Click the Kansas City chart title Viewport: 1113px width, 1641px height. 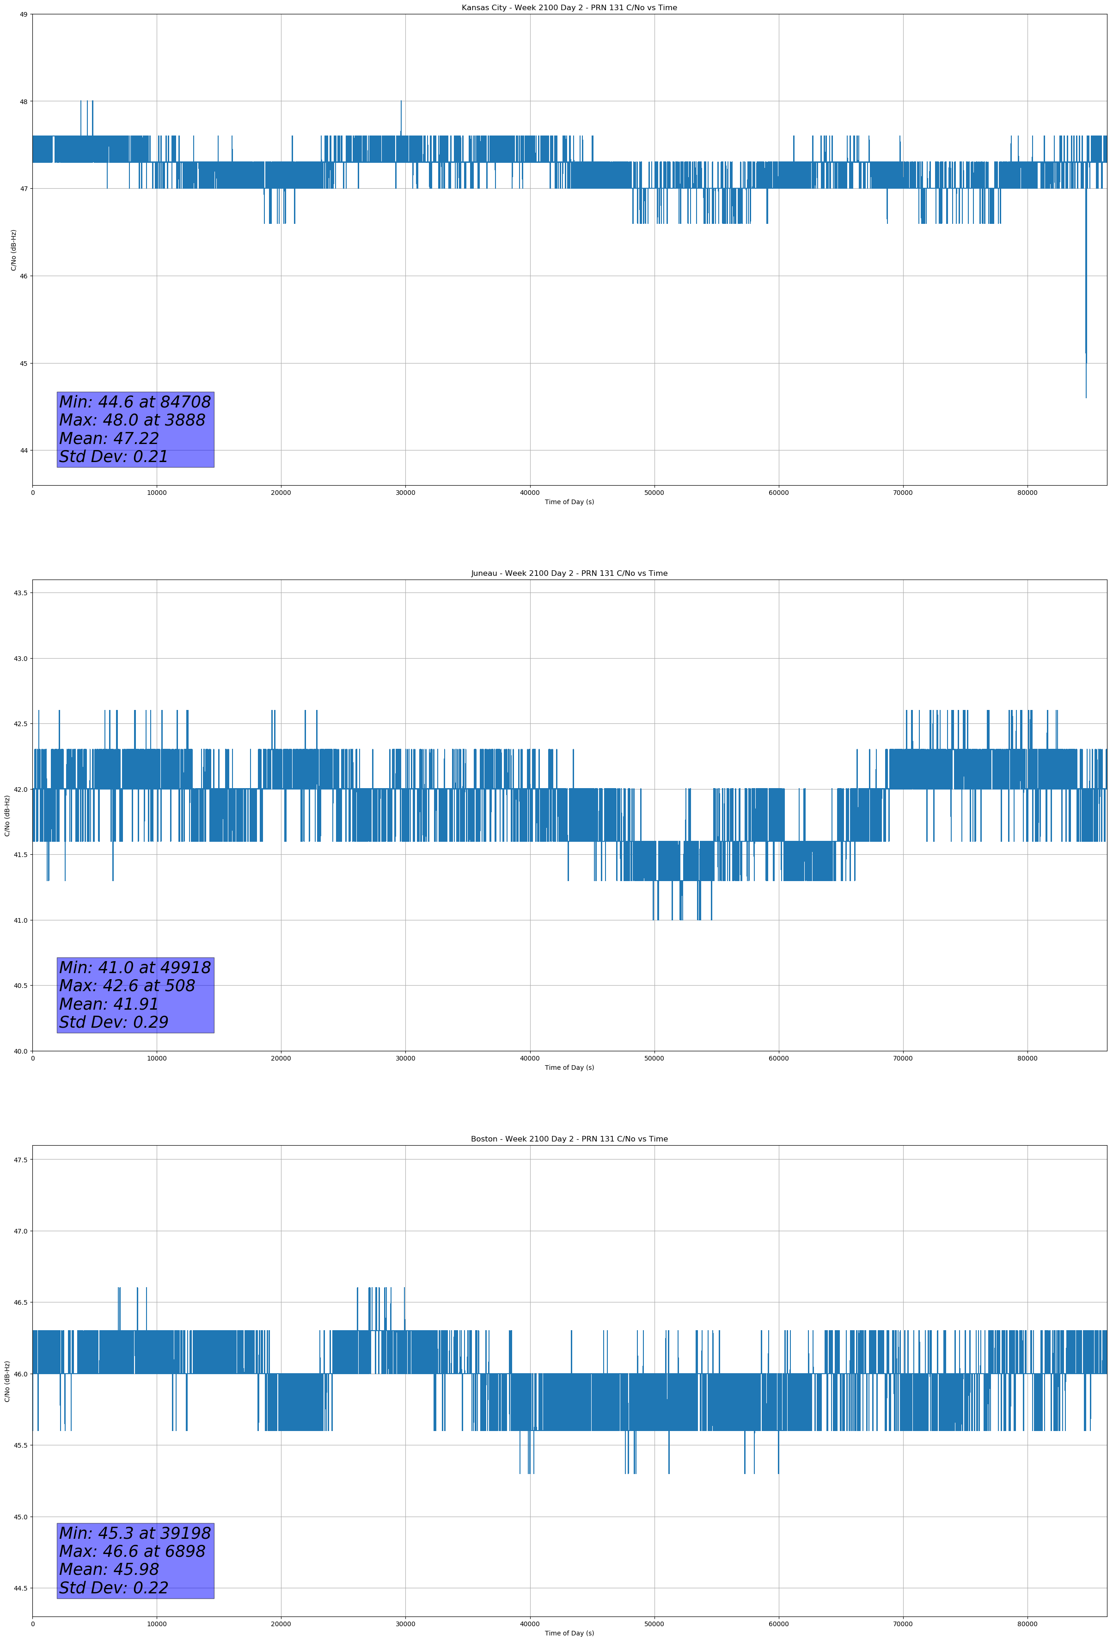[x=569, y=8]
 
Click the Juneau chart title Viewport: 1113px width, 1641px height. [x=569, y=574]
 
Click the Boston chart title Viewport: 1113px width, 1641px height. [x=569, y=1139]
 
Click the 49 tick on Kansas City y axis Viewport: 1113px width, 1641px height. [x=23, y=14]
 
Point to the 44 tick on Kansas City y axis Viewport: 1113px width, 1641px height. [x=23, y=450]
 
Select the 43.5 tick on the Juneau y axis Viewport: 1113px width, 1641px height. [x=20, y=593]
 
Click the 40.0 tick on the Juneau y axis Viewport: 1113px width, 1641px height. [x=20, y=1051]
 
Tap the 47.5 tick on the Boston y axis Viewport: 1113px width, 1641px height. [x=20, y=1160]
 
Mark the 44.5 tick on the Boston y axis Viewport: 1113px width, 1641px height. [x=20, y=1589]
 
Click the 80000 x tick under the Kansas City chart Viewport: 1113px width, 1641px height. [x=1027, y=493]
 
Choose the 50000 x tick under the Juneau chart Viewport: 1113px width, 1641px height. [x=654, y=1058]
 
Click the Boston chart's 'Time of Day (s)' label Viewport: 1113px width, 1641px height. [x=569, y=1633]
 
